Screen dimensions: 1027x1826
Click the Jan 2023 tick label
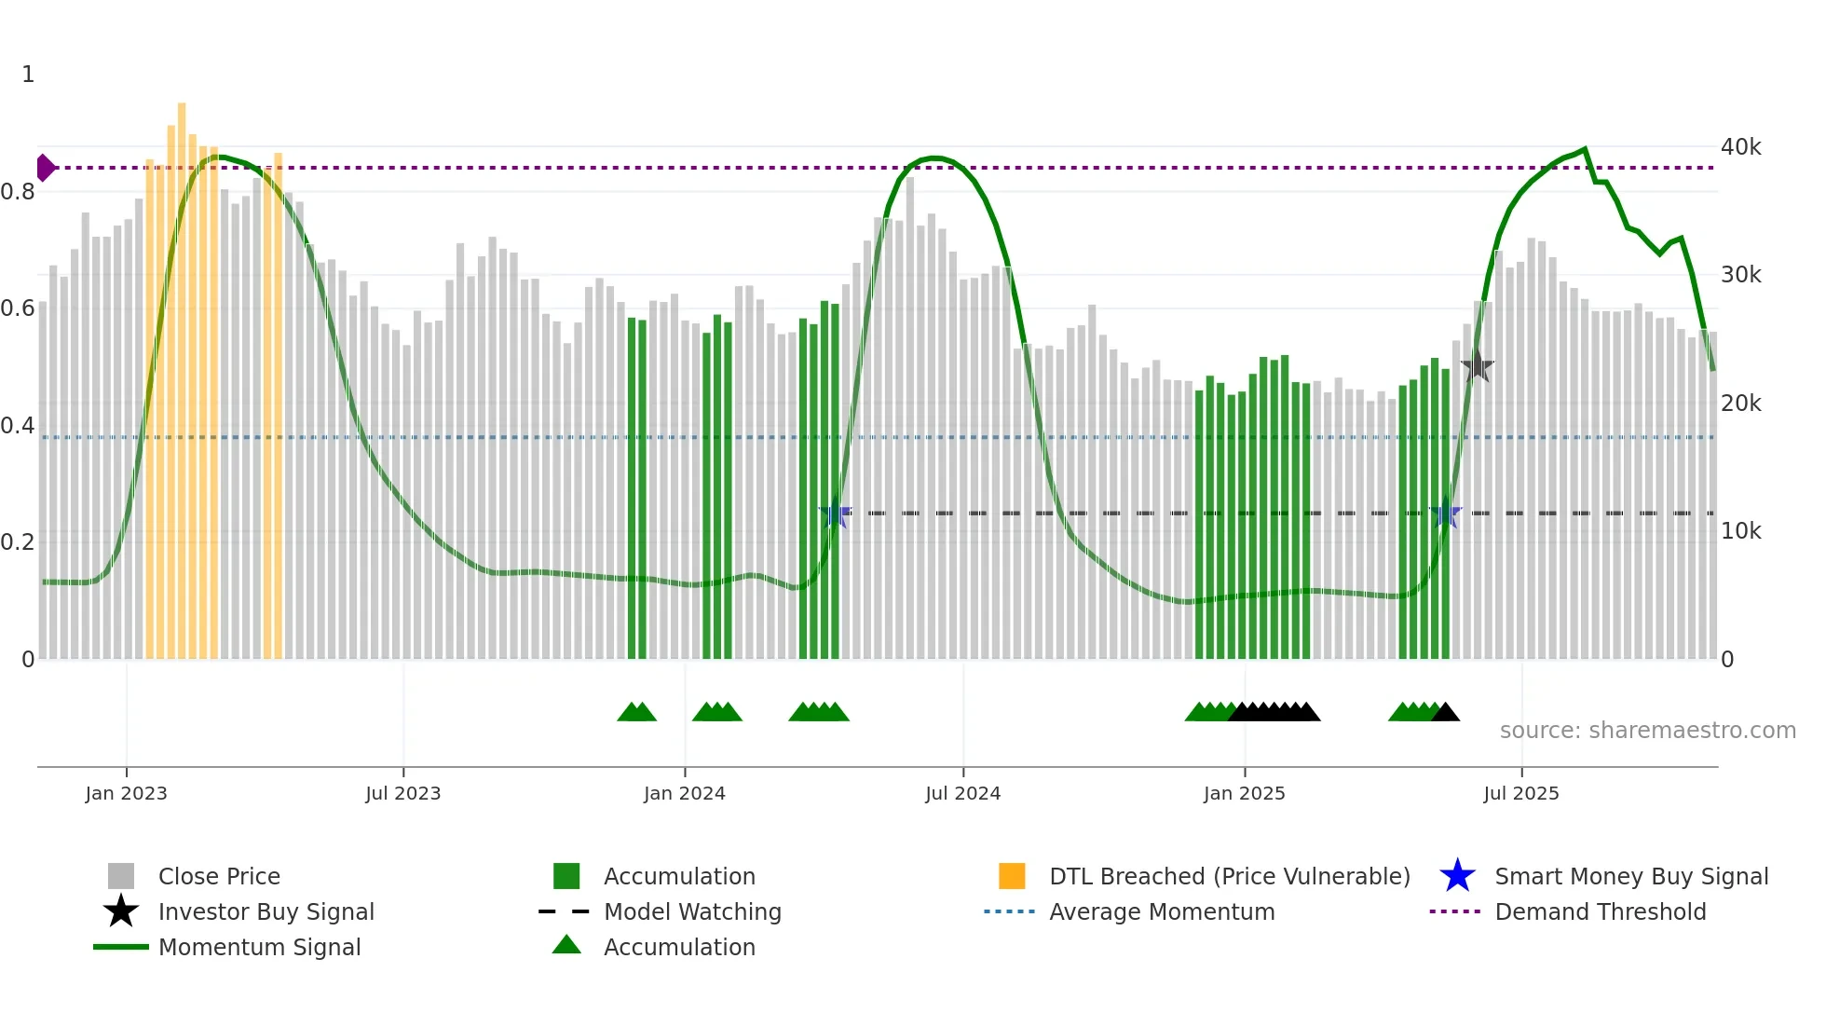126,793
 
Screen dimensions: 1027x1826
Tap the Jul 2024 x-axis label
962,793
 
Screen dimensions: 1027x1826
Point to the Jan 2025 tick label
1244,793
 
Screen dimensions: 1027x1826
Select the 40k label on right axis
1740,147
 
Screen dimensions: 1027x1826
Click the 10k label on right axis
1740,531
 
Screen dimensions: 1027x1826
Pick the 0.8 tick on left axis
18,192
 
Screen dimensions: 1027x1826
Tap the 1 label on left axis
28,75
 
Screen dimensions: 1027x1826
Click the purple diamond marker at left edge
45,168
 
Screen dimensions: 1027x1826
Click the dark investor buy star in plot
1477,366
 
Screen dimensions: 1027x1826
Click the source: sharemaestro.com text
1647,731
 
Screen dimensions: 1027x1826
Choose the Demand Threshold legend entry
1600,911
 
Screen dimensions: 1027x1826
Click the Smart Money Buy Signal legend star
1457,876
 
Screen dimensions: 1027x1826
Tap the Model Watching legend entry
691,911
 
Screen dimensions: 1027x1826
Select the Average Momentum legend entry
1161,911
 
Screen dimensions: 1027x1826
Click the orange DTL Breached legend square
1012,876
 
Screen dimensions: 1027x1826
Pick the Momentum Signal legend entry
259,947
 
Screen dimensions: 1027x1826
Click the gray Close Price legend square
121,876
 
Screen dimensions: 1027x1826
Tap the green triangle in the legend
566,946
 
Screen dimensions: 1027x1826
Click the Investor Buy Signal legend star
121,911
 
